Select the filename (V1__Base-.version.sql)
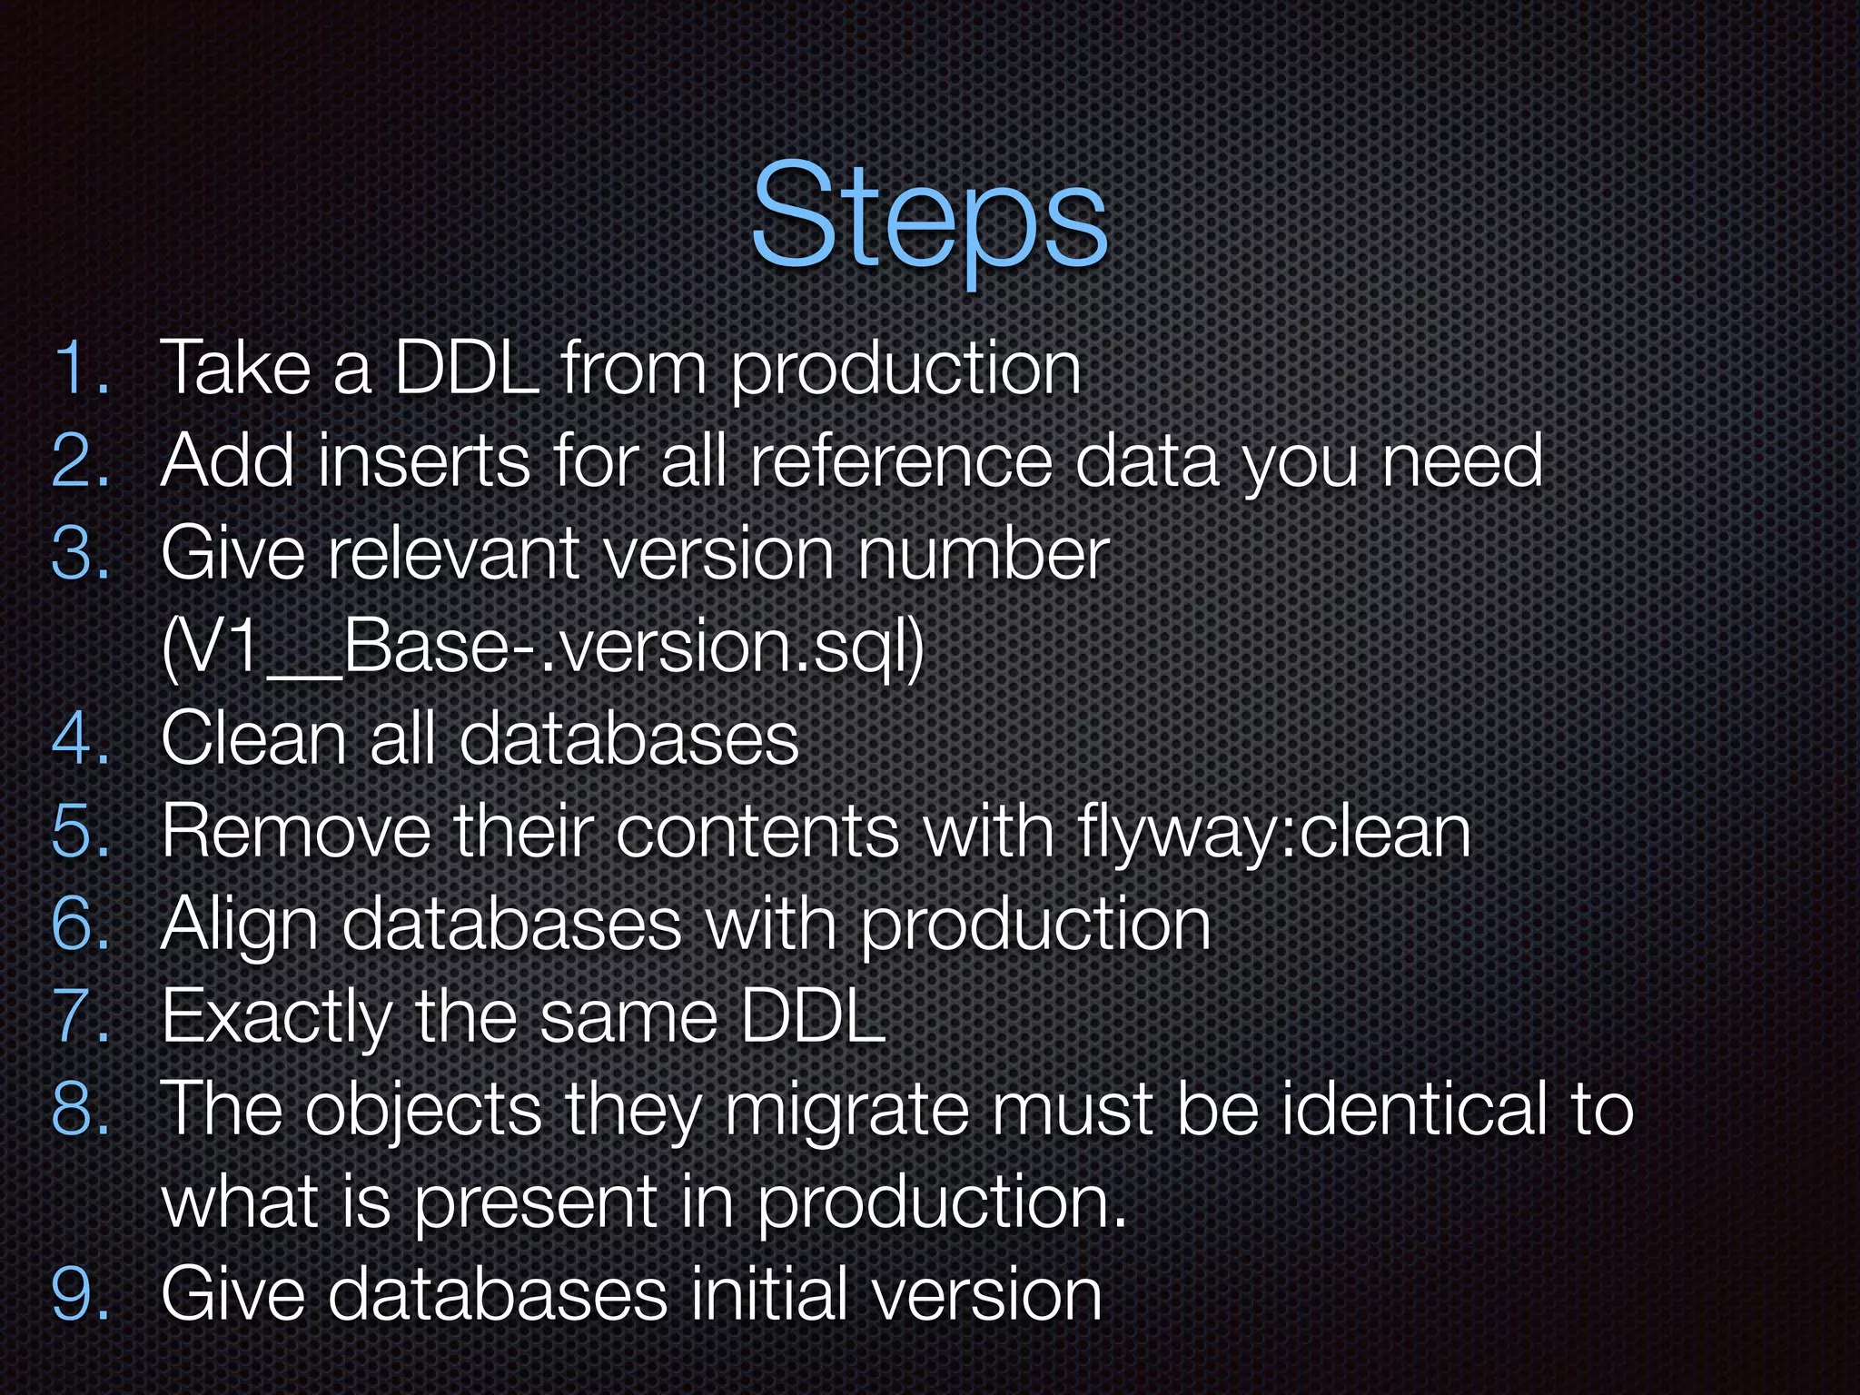[x=542, y=647]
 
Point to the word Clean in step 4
[x=254, y=739]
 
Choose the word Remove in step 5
[x=296, y=832]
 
